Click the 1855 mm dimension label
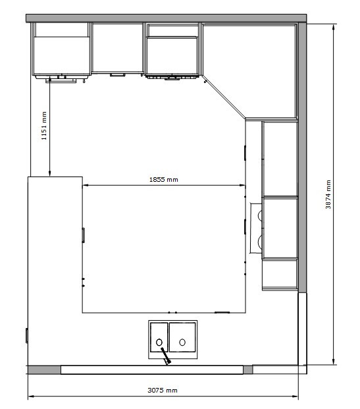pos(163,179)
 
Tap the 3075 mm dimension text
pos(163,390)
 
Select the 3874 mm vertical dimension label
pos(328,194)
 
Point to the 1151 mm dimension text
pos(44,126)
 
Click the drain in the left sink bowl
pos(159,342)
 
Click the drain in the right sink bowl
pos(182,342)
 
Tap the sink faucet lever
pos(166,356)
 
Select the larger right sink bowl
pos(182,337)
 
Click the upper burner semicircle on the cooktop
pos(260,215)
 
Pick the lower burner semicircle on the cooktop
pos(260,242)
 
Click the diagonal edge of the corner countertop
pos(224,97)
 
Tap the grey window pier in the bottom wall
pos(247,369)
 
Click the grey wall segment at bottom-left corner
pos(44,370)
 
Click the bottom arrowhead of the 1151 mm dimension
pos(49,173)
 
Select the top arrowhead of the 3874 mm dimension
pos(334,27)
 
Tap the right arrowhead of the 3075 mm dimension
pos(296,396)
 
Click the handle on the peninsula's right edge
pos(83,235)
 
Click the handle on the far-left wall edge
pos(27,335)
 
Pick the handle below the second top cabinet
pos(118,75)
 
